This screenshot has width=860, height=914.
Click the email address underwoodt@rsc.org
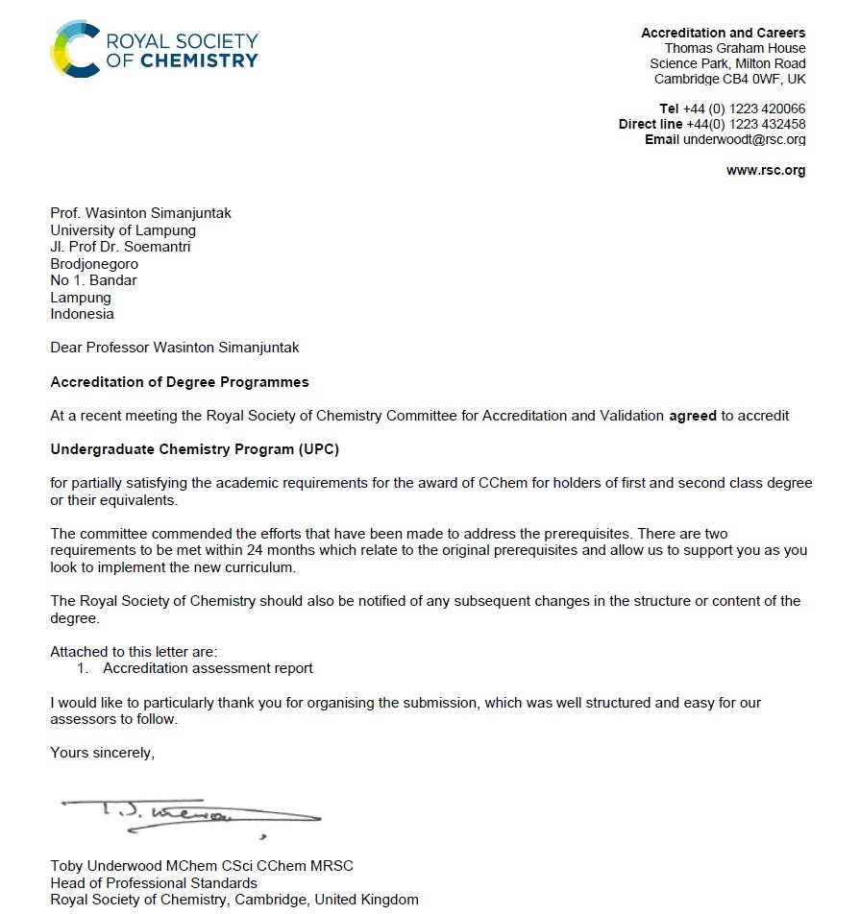tap(744, 140)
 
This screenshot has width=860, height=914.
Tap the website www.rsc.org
tap(766, 171)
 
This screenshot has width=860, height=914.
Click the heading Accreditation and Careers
tap(724, 34)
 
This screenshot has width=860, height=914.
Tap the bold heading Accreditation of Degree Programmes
tap(180, 382)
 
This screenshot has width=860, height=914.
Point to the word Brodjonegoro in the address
tap(94, 264)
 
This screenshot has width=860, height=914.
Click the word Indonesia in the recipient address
tap(82, 314)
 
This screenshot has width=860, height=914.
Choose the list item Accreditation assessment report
tap(208, 668)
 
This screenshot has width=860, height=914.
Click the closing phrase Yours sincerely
tap(102, 753)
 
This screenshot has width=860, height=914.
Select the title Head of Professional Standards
tap(154, 882)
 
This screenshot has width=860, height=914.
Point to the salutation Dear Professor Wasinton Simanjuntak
tap(181, 348)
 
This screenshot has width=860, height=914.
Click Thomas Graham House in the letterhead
tap(735, 49)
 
